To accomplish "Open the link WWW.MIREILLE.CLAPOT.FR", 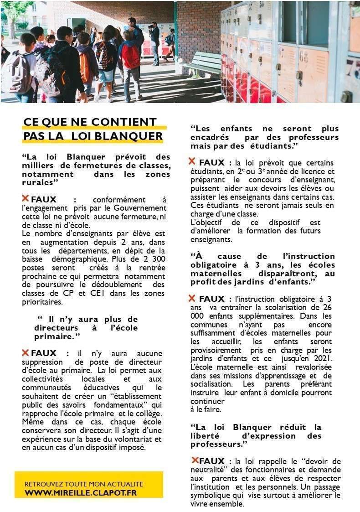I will [x=81, y=493].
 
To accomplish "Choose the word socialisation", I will [x=212, y=384].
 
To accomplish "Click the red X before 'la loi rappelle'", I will [x=195, y=460].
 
